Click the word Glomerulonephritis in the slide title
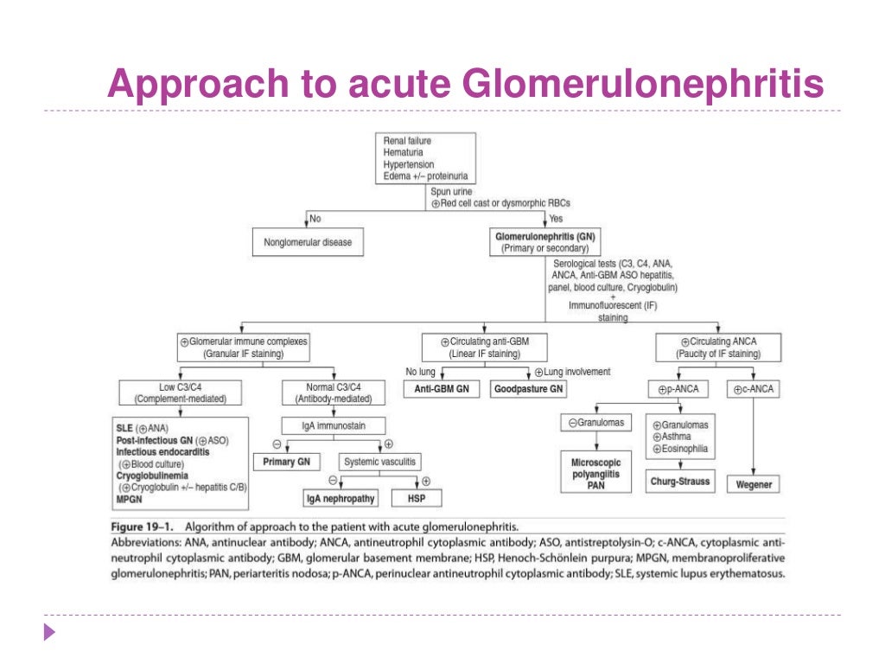(x=643, y=84)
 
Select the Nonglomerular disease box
(x=308, y=242)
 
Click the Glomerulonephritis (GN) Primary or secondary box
(x=545, y=242)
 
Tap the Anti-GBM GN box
(x=441, y=389)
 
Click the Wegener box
(x=754, y=484)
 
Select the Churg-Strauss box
(x=681, y=482)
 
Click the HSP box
(x=417, y=499)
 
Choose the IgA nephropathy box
(x=340, y=499)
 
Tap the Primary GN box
(x=286, y=462)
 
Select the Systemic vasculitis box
(x=379, y=462)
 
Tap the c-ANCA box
(x=754, y=389)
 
